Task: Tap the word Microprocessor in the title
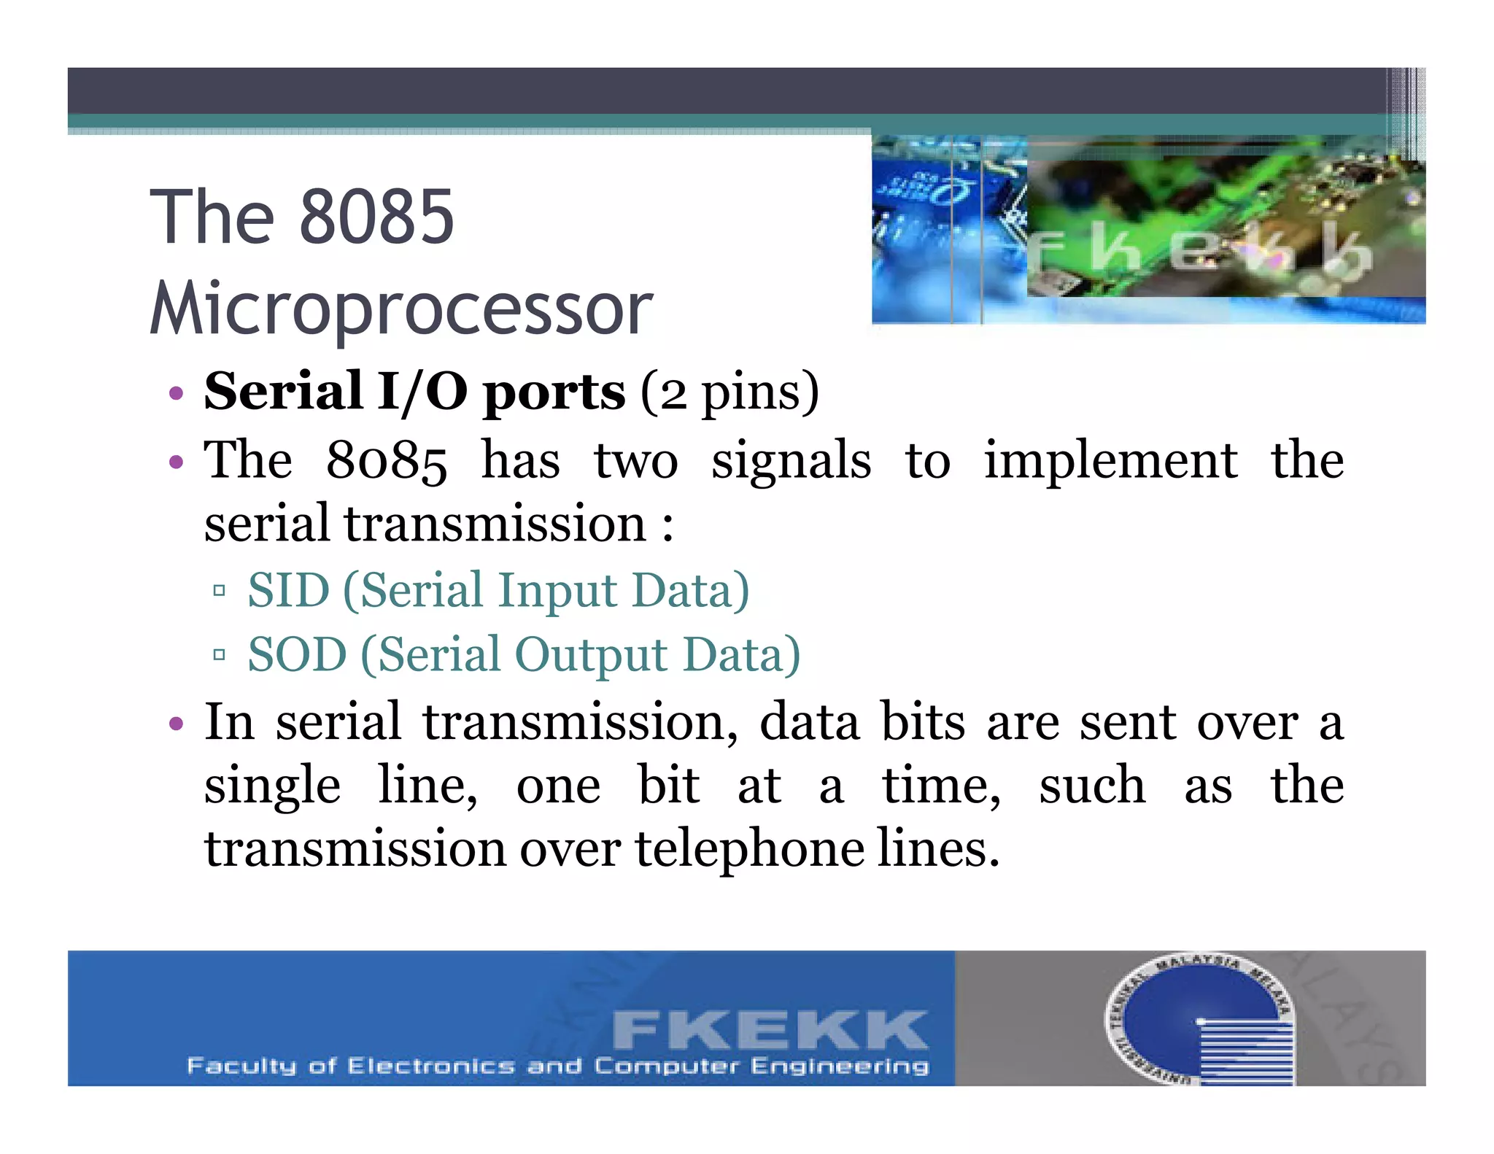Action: click(401, 308)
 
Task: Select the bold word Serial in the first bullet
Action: click(283, 391)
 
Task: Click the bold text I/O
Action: click(422, 391)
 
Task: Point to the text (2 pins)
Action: click(729, 392)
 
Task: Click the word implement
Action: click(1110, 460)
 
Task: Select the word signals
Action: click(791, 461)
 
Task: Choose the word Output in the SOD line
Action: click(591, 655)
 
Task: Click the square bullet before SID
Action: click(219, 590)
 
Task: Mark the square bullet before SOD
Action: click(219, 654)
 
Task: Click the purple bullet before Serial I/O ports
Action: click(175, 394)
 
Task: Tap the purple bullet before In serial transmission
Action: click(175, 724)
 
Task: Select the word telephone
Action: click(749, 849)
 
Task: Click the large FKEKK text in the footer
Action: click(770, 1029)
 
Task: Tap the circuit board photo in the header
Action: click(1148, 229)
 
